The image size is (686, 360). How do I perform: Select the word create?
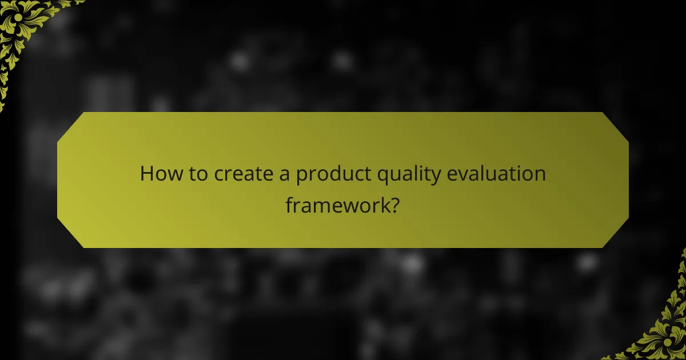(x=243, y=174)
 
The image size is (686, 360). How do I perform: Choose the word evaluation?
(x=496, y=174)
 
